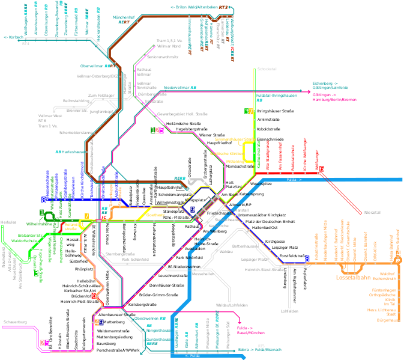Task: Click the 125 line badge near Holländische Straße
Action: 157,130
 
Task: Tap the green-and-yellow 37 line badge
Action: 249,112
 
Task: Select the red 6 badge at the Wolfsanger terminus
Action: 321,169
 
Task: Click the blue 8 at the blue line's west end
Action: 43,200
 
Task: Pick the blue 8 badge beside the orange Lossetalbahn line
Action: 307,259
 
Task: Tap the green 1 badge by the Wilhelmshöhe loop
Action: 41,212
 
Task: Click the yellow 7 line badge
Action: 86,216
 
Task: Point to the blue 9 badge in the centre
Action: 192,209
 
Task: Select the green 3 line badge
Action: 36,273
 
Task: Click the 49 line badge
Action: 98,322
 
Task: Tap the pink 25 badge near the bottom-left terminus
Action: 44,343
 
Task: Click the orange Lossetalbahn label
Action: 352,278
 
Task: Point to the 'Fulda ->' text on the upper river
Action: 294,179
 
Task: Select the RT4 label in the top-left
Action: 25,43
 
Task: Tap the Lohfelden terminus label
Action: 289,311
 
